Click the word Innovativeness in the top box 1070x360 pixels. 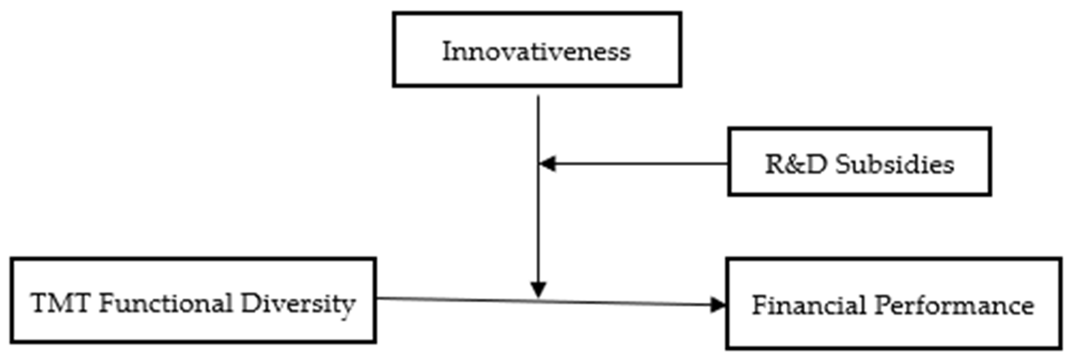coord(536,52)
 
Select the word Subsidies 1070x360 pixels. coord(895,164)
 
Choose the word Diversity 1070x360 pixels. coord(298,304)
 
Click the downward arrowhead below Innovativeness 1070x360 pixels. coord(538,289)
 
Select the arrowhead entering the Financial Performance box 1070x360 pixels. coord(717,305)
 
